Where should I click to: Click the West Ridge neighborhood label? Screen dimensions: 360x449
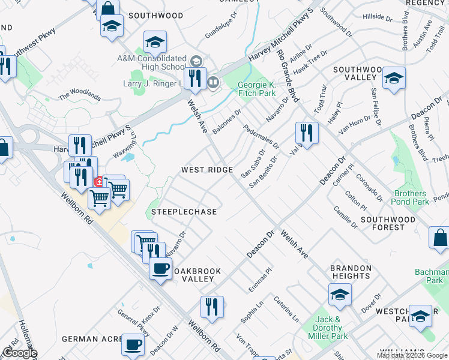click(x=207, y=170)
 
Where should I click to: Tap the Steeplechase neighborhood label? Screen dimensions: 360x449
click(x=184, y=212)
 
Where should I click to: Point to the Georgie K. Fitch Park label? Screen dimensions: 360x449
click(x=256, y=89)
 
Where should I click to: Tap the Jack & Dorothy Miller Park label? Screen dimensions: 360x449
click(x=328, y=324)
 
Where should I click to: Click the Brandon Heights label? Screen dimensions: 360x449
click(x=351, y=272)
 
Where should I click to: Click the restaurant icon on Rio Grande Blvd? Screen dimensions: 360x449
click(x=307, y=133)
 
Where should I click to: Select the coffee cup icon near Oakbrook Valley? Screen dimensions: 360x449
click(x=160, y=268)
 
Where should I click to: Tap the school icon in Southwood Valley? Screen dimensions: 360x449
click(x=393, y=78)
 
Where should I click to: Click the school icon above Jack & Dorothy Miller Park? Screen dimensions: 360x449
click(x=340, y=295)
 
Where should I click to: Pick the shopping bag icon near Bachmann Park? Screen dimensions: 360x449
click(x=439, y=236)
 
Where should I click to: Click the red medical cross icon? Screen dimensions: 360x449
click(x=98, y=181)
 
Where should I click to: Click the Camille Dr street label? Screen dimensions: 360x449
click(x=346, y=217)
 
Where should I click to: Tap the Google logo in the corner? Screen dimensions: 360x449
click(x=19, y=353)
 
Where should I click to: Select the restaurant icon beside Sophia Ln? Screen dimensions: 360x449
click(x=212, y=307)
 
